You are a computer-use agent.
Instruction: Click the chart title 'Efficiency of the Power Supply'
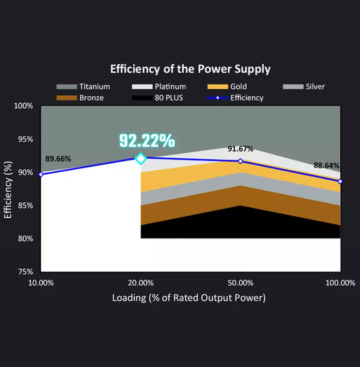[190, 69]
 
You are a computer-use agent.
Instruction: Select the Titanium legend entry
[83, 87]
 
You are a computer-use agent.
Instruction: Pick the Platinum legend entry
[159, 87]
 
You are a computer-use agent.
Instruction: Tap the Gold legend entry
[227, 87]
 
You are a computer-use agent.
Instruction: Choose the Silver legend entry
[304, 87]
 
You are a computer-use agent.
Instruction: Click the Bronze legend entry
[80, 98]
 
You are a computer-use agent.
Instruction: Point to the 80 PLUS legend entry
[157, 98]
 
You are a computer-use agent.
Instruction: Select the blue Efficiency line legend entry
[235, 98]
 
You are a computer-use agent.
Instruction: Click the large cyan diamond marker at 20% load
[141, 159]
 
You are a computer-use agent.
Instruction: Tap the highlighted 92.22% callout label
[147, 141]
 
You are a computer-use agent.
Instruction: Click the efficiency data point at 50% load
[240, 161]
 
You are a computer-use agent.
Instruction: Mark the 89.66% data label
[58, 159]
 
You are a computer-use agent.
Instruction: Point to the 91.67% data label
[240, 149]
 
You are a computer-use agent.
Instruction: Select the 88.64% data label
[326, 166]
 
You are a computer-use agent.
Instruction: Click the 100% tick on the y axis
[23, 106]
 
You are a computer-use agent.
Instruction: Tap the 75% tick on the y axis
[25, 272]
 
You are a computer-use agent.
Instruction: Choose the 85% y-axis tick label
[25, 206]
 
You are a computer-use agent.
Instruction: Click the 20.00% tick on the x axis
[141, 283]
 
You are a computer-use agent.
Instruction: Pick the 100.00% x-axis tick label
[340, 283]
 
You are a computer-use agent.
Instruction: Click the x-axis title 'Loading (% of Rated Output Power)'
[189, 298]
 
